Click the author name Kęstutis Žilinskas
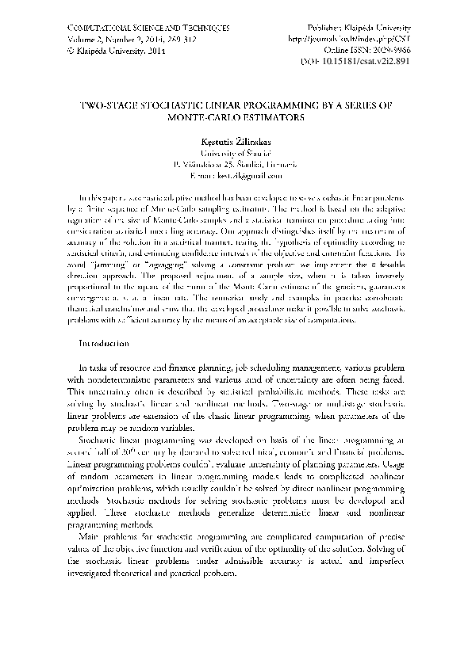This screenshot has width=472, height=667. pos(236,139)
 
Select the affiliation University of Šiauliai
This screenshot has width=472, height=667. pos(236,151)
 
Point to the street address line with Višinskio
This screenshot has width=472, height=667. pos(236,162)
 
